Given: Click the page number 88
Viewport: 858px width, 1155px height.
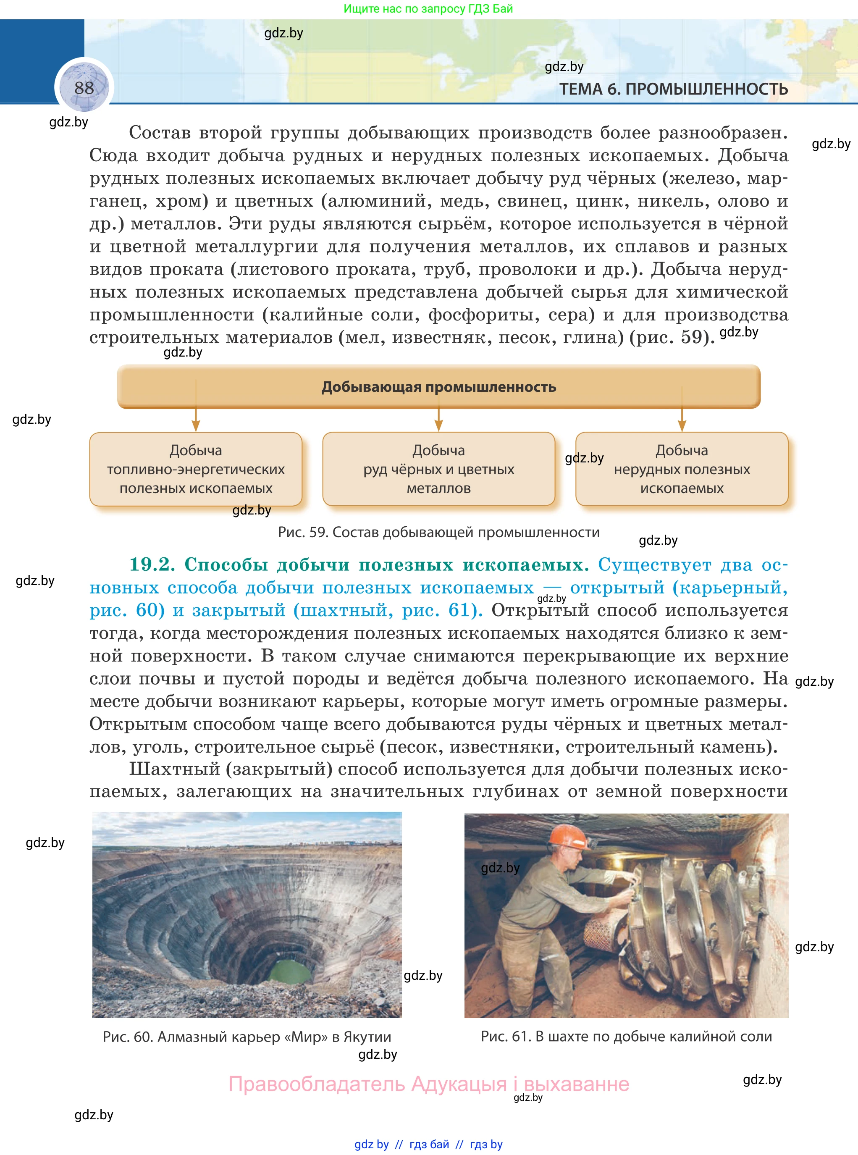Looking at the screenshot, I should pos(84,88).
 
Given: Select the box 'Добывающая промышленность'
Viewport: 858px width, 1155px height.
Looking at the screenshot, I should pos(438,387).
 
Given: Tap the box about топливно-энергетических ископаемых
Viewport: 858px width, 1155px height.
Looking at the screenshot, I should pos(196,469).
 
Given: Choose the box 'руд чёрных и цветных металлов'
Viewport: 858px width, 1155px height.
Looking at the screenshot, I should pos(438,469).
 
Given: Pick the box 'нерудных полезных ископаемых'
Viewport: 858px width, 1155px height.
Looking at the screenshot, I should pos(682,469).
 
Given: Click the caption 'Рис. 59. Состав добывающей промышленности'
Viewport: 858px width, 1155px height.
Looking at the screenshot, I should pos(438,532).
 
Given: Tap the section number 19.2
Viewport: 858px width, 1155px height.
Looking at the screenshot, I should pos(152,564).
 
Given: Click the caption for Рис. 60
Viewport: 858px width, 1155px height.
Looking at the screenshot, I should pos(247,1037).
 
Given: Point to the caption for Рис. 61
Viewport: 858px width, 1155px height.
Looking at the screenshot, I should pos(626,1036).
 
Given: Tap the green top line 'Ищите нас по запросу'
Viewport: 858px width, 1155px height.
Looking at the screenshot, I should pos(428,9).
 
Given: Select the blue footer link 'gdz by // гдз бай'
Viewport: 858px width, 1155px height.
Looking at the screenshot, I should pos(428,1144).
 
